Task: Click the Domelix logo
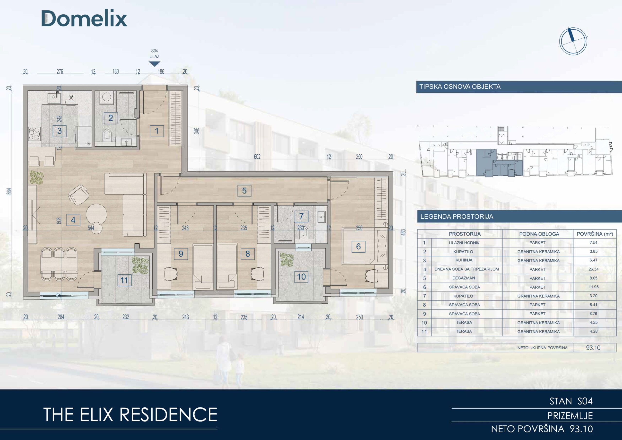point(84,18)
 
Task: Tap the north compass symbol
point(573,42)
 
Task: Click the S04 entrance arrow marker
point(155,64)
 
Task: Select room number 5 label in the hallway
point(244,191)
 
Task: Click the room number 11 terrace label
point(124,280)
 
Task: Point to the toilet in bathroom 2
point(107,135)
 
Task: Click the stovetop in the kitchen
point(35,134)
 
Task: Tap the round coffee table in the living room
point(96,214)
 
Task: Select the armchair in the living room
point(78,195)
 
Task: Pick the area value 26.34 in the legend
point(593,269)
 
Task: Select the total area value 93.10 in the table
point(593,348)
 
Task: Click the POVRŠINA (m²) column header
point(595,234)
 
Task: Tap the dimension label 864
point(9,191)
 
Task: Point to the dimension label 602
point(257,157)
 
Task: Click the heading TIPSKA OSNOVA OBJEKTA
point(460,87)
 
